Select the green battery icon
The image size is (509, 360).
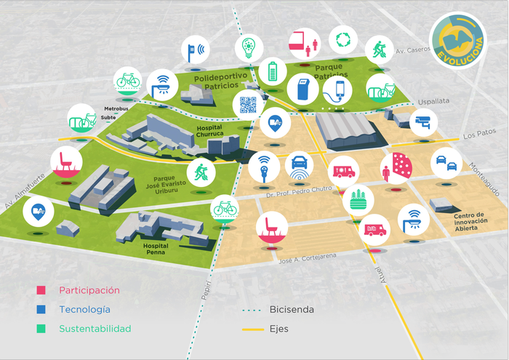pyautogui.click(x=273, y=72)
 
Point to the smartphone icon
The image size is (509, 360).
pyautogui.click(x=337, y=91)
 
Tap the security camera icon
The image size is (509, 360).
pyautogui.click(x=423, y=121)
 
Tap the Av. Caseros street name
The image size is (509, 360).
pyautogui.click(x=410, y=52)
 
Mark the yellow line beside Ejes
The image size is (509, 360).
pyautogui.click(x=252, y=329)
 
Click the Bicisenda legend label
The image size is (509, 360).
pyautogui.click(x=292, y=310)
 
